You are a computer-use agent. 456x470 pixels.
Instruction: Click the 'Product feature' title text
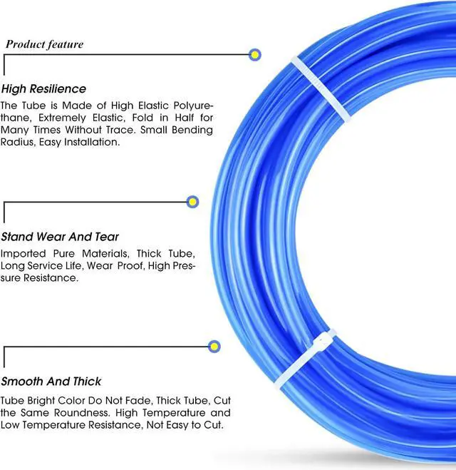[x=45, y=44]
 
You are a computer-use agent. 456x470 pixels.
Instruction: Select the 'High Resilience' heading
[x=43, y=89]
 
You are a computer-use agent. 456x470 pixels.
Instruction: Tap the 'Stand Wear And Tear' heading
[x=60, y=237]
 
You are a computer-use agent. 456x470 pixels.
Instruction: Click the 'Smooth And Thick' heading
[x=51, y=382]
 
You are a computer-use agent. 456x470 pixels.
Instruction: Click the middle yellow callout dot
[x=192, y=202]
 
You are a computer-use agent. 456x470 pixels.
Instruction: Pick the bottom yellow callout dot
[x=214, y=347]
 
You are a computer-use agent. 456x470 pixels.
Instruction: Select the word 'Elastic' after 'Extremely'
[x=130, y=117]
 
